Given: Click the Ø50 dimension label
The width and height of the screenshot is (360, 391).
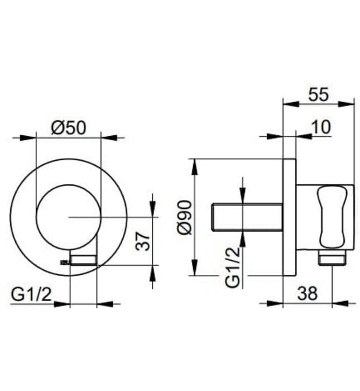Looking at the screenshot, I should pyautogui.click(x=68, y=127).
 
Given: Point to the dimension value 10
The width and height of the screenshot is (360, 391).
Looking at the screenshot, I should pyautogui.click(x=321, y=127).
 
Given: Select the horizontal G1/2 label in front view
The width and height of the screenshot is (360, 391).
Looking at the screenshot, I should pyautogui.click(x=32, y=294).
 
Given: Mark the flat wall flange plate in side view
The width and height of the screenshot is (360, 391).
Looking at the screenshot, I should pyautogui.click(x=289, y=217).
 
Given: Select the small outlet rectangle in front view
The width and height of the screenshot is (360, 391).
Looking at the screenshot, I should pyautogui.click(x=84, y=259).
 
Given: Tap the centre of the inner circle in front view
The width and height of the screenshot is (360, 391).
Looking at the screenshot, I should pyautogui.click(x=68, y=216).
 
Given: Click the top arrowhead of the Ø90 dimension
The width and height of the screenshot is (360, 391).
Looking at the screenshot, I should pyautogui.click(x=194, y=163).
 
